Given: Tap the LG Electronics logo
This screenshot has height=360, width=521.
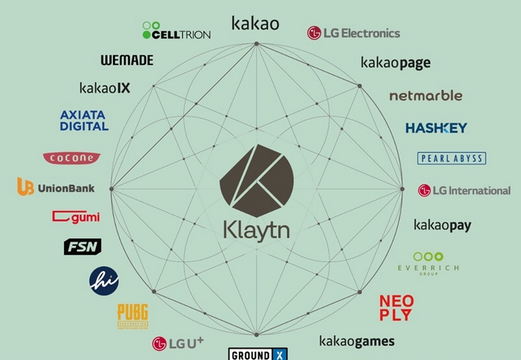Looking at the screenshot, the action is [x=353, y=33].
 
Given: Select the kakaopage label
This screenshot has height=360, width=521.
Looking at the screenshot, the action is [x=395, y=63].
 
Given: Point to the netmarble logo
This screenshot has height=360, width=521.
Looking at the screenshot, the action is [x=425, y=96].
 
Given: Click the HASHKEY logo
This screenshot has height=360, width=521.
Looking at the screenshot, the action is [x=436, y=127].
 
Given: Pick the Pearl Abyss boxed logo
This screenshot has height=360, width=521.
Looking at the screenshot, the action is [x=451, y=159].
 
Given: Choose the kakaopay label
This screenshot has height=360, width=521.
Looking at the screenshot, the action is [x=442, y=226].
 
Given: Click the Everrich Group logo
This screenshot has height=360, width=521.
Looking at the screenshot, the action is [x=428, y=262].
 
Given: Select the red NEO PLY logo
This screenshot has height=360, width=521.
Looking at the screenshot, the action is [x=396, y=308].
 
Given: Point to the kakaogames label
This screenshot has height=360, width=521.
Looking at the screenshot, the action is [x=356, y=341].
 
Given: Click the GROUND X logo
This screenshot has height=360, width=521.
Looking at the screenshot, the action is [x=258, y=354].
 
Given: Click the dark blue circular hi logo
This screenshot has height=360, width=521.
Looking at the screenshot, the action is [x=104, y=280].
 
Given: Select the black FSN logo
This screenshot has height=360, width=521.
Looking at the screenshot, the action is [x=82, y=247].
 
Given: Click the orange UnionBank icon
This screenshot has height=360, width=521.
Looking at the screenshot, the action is [x=25, y=187].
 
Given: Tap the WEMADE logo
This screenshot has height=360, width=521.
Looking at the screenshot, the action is [x=127, y=60].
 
